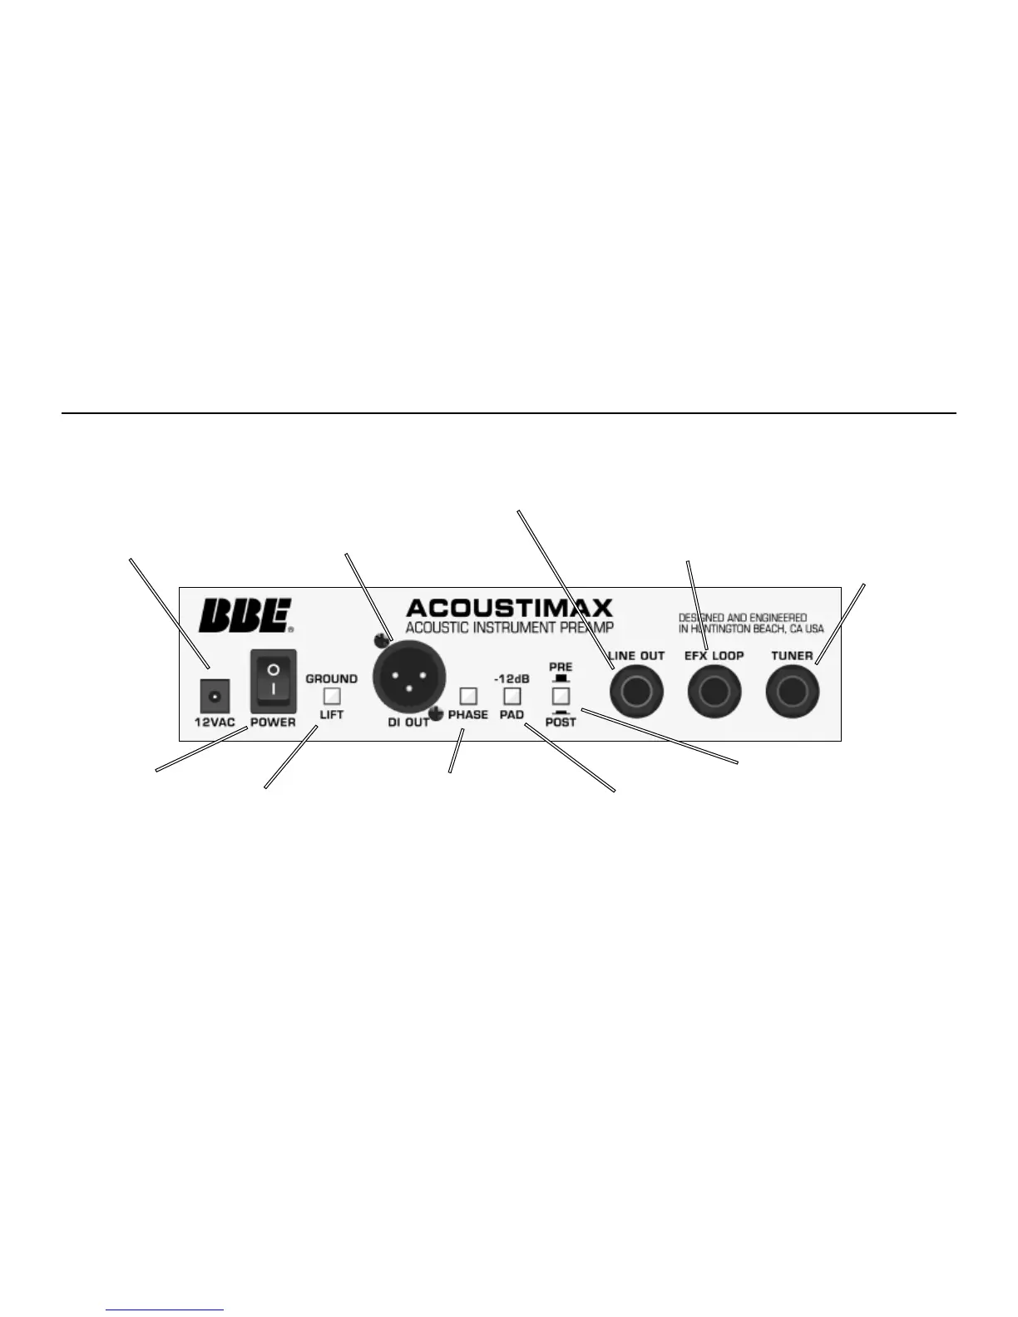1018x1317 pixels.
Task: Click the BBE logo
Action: tap(244, 616)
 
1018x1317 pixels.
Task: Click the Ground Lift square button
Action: tap(332, 696)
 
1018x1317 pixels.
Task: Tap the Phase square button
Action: tap(468, 695)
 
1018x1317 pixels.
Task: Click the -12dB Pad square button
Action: tap(512, 695)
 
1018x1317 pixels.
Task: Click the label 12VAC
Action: tap(215, 723)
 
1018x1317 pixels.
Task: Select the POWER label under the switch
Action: tap(273, 723)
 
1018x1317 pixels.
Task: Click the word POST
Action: tap(561, 723)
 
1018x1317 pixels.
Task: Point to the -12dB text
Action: tap(511, 678)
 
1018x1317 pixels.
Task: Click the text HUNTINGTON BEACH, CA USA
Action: tap(751, 629)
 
